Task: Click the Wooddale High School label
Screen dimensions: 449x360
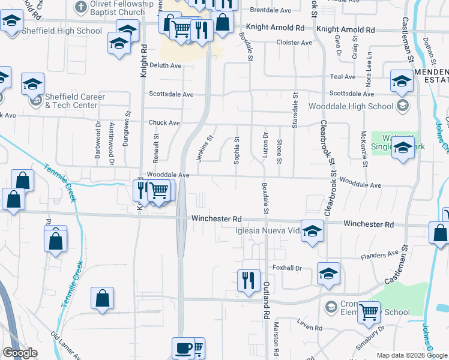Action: [351, 106]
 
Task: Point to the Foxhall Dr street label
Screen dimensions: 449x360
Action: [286, 268]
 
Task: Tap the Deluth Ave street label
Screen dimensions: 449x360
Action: [164, 65]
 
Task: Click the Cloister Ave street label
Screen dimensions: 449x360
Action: [294, 43]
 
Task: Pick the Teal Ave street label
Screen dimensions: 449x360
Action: [343, 77]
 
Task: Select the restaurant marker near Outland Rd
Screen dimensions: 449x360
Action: [248, 280]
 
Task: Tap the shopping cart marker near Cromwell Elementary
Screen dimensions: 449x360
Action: [369, 311]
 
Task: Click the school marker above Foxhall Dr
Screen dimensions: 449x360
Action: [328, 274]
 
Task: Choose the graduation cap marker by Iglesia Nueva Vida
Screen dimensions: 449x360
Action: [312, 231]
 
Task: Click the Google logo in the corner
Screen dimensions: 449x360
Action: [20, 353]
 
